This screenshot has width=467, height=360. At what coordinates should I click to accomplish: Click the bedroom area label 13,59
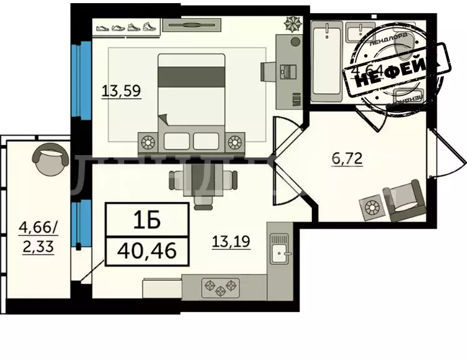coord(121,91)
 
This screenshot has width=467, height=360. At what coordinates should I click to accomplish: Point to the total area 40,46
coord(146,252)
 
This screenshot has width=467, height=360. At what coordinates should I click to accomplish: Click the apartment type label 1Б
coord(146,219)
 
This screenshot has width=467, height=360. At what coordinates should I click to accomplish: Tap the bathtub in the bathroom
coord(326,59)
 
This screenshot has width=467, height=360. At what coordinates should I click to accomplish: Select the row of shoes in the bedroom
coord(125,27)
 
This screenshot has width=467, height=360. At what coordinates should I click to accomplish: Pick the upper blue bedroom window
coord(78,79)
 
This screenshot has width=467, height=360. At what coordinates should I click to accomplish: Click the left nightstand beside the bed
coord(149,141)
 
